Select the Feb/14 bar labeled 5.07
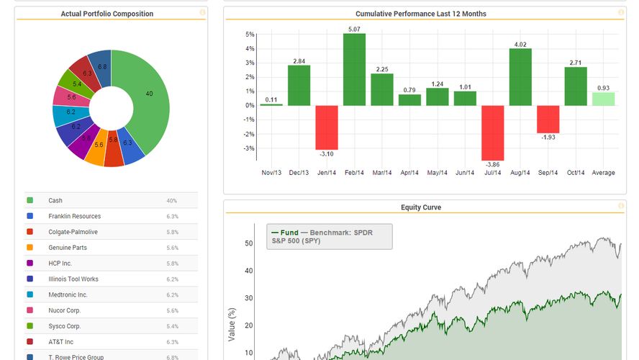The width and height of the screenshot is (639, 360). pos(354,70)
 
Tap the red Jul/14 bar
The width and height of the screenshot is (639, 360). pos(493,132)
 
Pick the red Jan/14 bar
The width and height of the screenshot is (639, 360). pos(327,127)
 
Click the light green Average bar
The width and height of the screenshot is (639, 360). pos(603,99)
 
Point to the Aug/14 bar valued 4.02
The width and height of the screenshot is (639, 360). pos(520,77)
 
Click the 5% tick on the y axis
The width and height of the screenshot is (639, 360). pos(250,35)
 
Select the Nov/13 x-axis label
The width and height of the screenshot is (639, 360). pos(271,173)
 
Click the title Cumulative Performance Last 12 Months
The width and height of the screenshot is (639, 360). pos(420,14)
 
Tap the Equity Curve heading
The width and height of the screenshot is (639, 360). pos(421,207)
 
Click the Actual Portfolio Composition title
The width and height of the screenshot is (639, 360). pos(106,14)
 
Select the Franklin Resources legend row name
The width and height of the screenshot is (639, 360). pos(74,216)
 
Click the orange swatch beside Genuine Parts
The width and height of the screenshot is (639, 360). pos(30,248)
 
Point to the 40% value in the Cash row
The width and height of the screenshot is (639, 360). pos(172,201)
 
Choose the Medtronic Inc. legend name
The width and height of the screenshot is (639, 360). pos(68,294)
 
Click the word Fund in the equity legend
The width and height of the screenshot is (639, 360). pos(289,233)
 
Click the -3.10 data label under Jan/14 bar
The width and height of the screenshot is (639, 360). pos(327,154)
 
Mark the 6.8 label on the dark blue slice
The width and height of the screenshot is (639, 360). pos(102,67)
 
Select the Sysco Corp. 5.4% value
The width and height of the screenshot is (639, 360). pos(173,326)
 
